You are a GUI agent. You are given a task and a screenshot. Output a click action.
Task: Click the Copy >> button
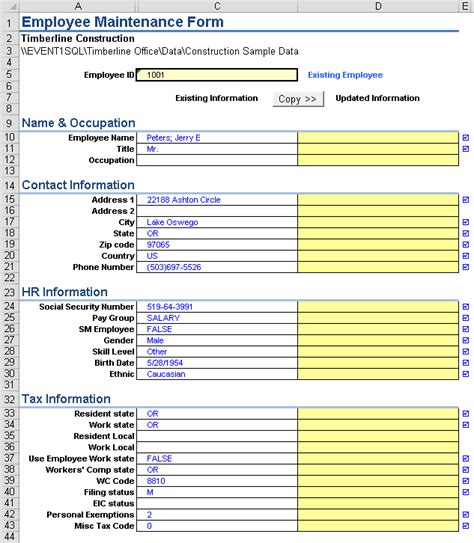[x=297, y=98]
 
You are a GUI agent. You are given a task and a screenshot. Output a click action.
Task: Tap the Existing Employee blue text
[x=344, y=74]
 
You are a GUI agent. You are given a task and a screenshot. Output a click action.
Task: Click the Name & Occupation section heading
[x=78, y=123]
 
